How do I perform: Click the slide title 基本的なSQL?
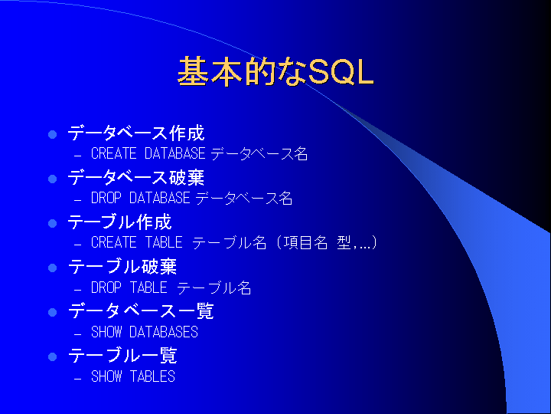275,71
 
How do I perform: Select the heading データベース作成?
136,133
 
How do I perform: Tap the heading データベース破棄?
136,177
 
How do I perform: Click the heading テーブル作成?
120,222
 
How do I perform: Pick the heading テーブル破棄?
122,267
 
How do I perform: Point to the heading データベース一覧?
141,311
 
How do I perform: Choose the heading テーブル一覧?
122,356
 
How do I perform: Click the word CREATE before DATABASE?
113,153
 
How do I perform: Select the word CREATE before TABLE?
113,242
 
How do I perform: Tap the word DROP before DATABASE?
106,198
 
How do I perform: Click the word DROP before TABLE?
106,287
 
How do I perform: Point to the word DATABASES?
164,332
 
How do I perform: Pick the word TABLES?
152,376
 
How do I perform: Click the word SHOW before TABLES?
106,376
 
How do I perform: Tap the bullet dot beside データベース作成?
52,134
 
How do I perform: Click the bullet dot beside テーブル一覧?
52,357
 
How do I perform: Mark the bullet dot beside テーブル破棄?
52,268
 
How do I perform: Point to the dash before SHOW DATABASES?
77,333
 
